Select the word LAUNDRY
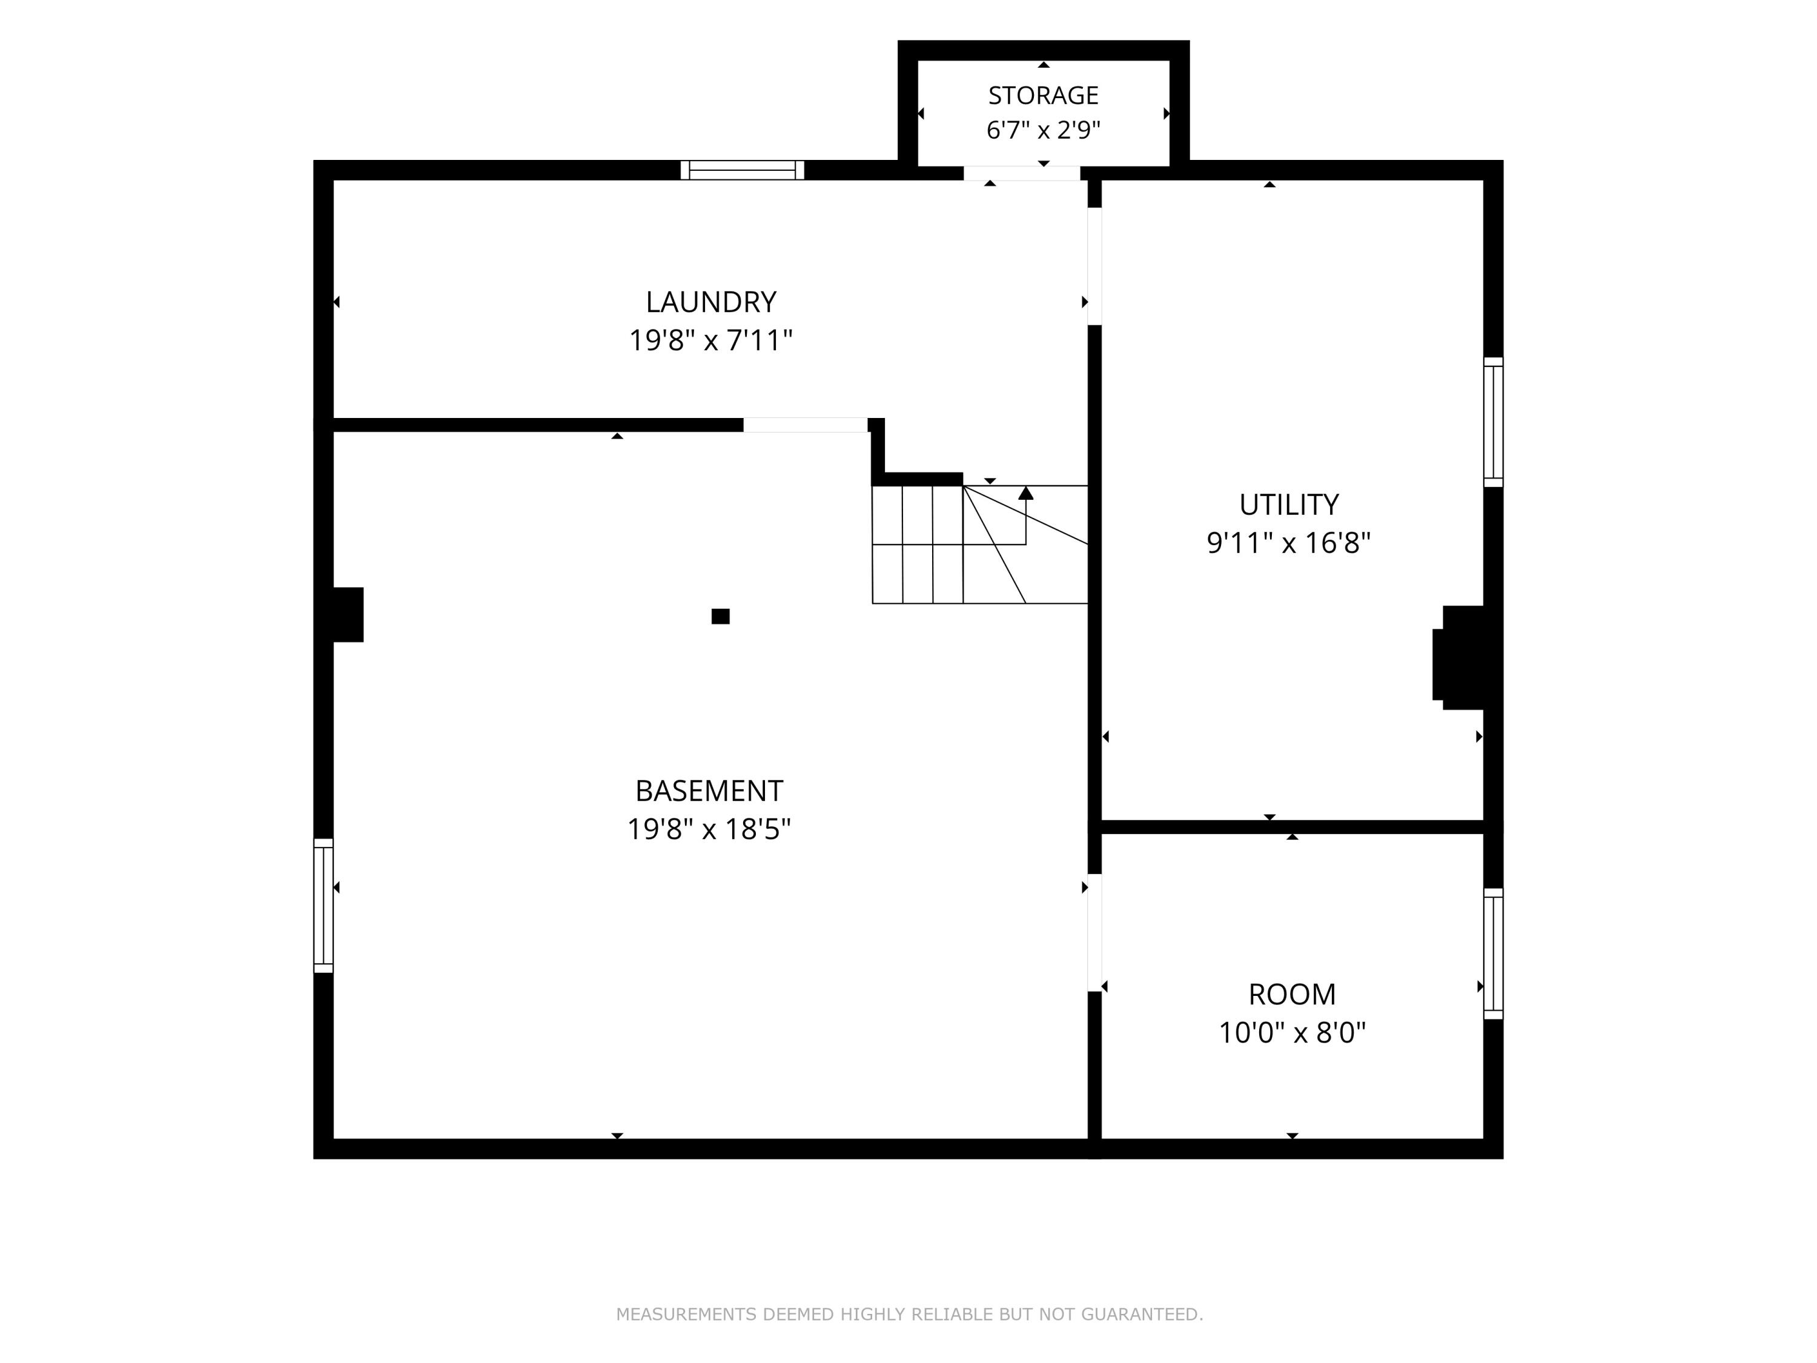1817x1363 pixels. pyautogui.click(x=710, y=302)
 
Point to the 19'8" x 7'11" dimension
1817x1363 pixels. pyautogui.click(x=710, y=340)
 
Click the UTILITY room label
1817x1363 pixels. pyautogui.click(x=1289, y=505)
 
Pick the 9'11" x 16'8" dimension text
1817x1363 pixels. pyautogui.click(x=1289, y=543)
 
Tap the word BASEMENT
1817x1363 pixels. pyautogui.click(x=709, y=791)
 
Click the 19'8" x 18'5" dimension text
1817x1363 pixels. pyautogui.click(x=709, y=829)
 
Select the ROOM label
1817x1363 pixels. pyautogui.click(x=1292, y=995)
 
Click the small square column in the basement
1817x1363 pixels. pyautogui.click(x=720, y=616)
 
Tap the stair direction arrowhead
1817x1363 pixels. pyautogui.click(x=1026, y=493)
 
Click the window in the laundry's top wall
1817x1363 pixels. pyautogui.click(x=743, y=170)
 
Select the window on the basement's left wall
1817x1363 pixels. pyautogui.click(x=323, y=906)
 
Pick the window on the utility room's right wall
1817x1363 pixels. pyautogui.click(x=1494, y=422)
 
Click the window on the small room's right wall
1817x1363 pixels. pyautogui.click(x=1494, y=954)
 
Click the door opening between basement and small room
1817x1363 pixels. pyautogui.click(x=1094, y=932)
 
